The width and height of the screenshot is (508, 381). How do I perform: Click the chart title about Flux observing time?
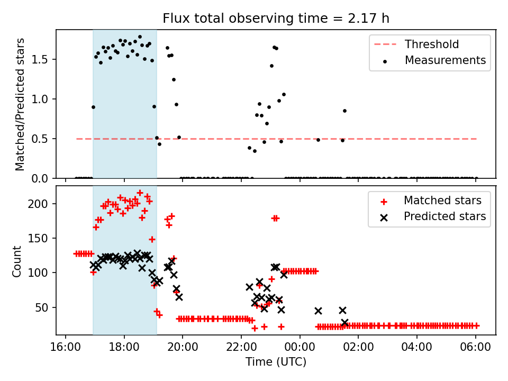(276, 19)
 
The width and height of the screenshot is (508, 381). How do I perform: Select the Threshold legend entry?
(432, 44)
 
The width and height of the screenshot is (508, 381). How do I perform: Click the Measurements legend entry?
(445, 60)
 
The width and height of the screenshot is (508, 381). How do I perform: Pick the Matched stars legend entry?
(442, 201)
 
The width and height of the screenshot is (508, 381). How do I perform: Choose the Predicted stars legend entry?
(445, 216)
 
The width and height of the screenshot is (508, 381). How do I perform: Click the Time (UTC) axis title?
(276, 362)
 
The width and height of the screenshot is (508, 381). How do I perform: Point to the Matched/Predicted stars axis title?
(20, 104)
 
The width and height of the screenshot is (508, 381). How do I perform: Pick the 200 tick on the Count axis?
(42, 204)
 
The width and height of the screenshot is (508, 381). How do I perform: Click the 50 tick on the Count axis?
(44, 307)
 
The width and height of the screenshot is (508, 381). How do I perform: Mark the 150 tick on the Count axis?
(42, 238)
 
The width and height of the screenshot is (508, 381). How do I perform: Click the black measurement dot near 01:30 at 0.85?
(344, 111)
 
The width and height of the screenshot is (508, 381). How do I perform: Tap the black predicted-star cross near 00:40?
(318, 311)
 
